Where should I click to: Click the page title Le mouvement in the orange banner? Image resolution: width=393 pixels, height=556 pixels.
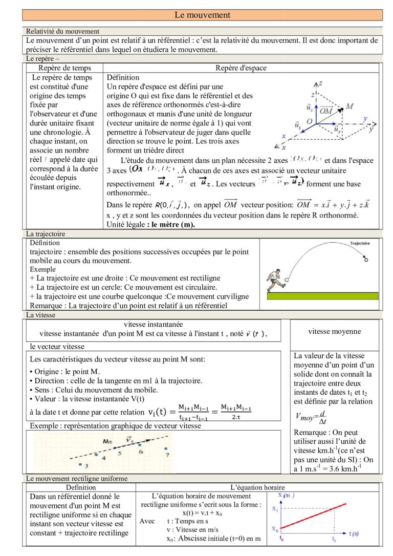click(x=202, y=15)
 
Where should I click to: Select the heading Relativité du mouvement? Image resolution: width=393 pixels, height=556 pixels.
click(x=62, y=31)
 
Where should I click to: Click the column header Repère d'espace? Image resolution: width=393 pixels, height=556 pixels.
click(x=241, y=68)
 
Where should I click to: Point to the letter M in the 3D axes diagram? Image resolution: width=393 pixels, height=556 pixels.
click(x=350, y=106)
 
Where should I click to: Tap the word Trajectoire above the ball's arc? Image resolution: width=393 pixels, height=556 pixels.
click(x=360, y=243)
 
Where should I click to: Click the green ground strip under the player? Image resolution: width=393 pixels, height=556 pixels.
click(x=322, y=296)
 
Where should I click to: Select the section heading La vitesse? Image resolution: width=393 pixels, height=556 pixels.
click(x=40, y=315)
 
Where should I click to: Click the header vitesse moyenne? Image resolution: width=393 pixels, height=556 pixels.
click(x=334, y=331)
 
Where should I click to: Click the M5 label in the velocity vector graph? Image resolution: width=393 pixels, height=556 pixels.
click(x=107, y=440)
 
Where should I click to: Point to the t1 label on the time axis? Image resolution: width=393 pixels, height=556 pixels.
click(x=334, y=539)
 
